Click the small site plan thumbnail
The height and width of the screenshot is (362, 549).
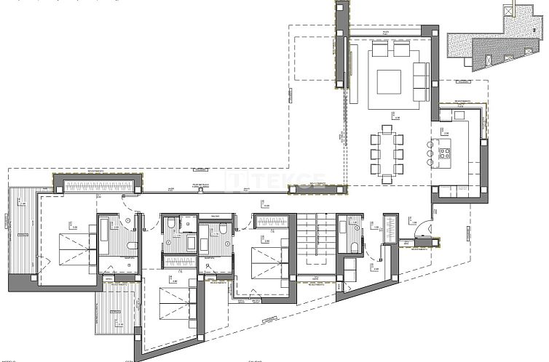pyautogui.click(x=496, y=43)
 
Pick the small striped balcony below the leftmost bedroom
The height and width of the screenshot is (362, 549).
pyautogui.click(x=114, y=310)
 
